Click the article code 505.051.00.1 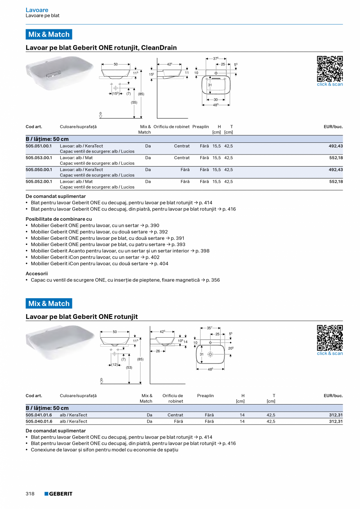pyautogui.click(x=39, y=146)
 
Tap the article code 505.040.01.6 pyautogui.click(x=39, y=421)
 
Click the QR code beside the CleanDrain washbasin pyautogui.click(x=329, y=68)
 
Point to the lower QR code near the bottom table pyautogui.click(x=329, y=338)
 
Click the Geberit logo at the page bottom pyautogui.click(x=58, y=494)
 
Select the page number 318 pyautogui.click(x=30, y=494)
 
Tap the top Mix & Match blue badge pyautogui.click(x=49, y=34)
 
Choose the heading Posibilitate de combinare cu pyautogui.click(x=59, y=219)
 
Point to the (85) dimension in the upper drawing pyautogui.click(x=141, y=94)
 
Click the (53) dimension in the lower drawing pyautogui.click(x=129, y=367)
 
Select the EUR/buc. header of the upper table pyautogui.click(x=333, y=127)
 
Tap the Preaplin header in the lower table pyautogui.click(x=205, y=396)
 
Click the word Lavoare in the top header pyautogui.click(x=37, y=10)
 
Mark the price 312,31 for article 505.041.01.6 pyautogui.click(x=336, y=415)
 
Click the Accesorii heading pyautogui.click(x=37, y=273)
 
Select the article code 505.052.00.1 pyautogui.click(x=39, y=181)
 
